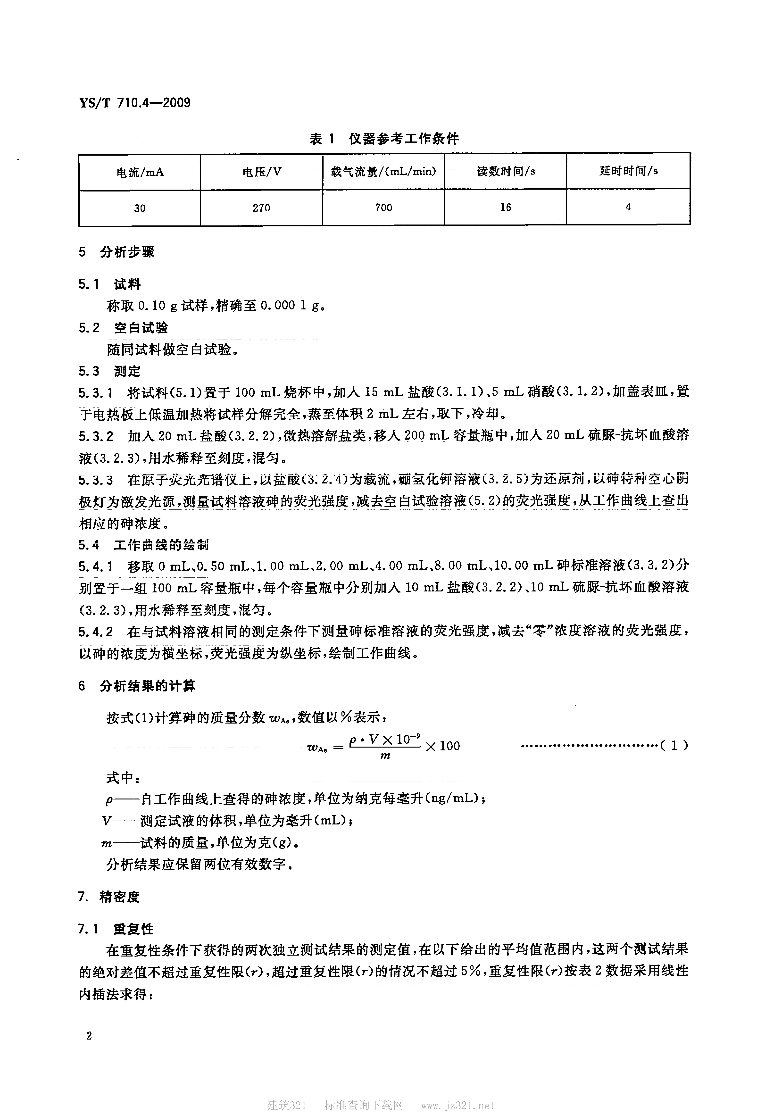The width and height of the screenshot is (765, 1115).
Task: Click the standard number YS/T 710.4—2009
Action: click(135, 103)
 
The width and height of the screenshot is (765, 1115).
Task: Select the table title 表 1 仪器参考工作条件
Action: click(384, 139)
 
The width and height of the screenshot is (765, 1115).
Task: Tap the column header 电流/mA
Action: click(140, 172)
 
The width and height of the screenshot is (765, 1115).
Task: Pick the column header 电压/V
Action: click(262, 172)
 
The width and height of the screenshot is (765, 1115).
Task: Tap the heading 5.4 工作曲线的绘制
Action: click(143, 545)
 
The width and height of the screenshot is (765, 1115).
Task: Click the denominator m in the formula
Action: click(385, 757)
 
